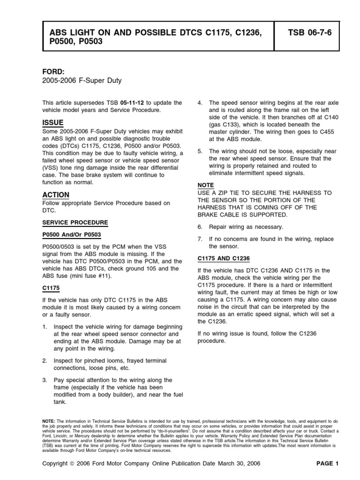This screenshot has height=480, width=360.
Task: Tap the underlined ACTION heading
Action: coord(56,195)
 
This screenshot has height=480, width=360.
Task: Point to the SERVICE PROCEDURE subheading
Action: coord(75,222)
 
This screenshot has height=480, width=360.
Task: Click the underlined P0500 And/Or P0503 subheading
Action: coord(72,234)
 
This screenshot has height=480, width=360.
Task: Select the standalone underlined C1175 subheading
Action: coord(51,288)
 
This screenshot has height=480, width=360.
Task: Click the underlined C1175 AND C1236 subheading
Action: coord(224,258)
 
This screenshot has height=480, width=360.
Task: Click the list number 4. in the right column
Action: coord(200,103)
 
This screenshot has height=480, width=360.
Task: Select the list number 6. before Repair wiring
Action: coord(200,227)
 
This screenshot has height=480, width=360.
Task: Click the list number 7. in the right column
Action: coord(200,239)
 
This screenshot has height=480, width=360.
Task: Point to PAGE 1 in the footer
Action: coord(327,464)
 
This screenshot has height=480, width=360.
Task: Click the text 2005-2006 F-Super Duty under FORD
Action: coord(82,81)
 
